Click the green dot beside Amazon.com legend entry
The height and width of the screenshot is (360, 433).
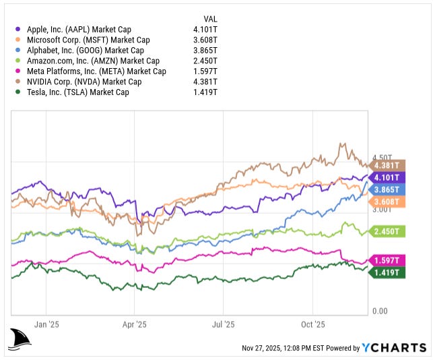coord(18,61)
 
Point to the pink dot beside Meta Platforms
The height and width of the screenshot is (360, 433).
coord(18,71)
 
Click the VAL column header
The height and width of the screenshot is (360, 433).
coord(210,18)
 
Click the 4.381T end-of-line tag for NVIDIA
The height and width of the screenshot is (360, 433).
coord(388,165)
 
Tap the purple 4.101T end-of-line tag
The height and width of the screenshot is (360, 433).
coord(388,177)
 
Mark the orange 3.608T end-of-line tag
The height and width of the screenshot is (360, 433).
coord(388,202)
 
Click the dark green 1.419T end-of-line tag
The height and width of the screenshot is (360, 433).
coord(388,272)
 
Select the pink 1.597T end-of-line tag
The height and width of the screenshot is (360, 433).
coord(388,260)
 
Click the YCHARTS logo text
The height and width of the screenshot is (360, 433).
coord(394,348)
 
